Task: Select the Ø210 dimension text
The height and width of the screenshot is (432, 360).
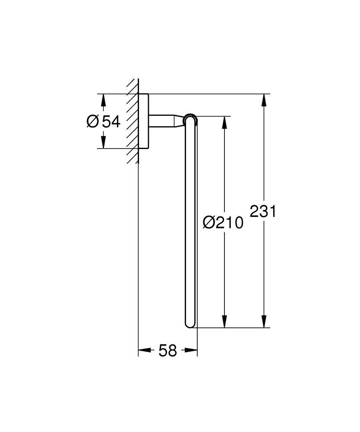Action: coord(223,222)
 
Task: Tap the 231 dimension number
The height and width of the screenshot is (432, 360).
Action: coord(262,211)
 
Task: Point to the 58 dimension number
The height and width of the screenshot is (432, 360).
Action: coord(167,350)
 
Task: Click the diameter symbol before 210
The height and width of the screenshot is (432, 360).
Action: coord(209,222)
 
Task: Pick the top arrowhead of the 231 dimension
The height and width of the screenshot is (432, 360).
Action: coord(263,100)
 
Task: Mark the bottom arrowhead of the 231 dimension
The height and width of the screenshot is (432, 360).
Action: coord(263,321)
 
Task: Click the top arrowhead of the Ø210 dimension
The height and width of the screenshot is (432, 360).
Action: coord(224,122)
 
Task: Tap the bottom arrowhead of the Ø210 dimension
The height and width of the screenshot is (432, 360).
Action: coord(224,321)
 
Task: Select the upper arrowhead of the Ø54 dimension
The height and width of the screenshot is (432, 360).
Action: coord(103,100)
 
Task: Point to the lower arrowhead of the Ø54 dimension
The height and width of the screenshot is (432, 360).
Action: coord(103,142)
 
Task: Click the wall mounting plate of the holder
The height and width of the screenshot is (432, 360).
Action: coord(144,121)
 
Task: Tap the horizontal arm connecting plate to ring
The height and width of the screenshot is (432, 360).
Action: coord(162,121)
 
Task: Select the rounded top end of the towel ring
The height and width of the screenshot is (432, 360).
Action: coord(190,120)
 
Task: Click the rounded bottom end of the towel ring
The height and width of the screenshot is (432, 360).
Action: coord(190,324)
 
